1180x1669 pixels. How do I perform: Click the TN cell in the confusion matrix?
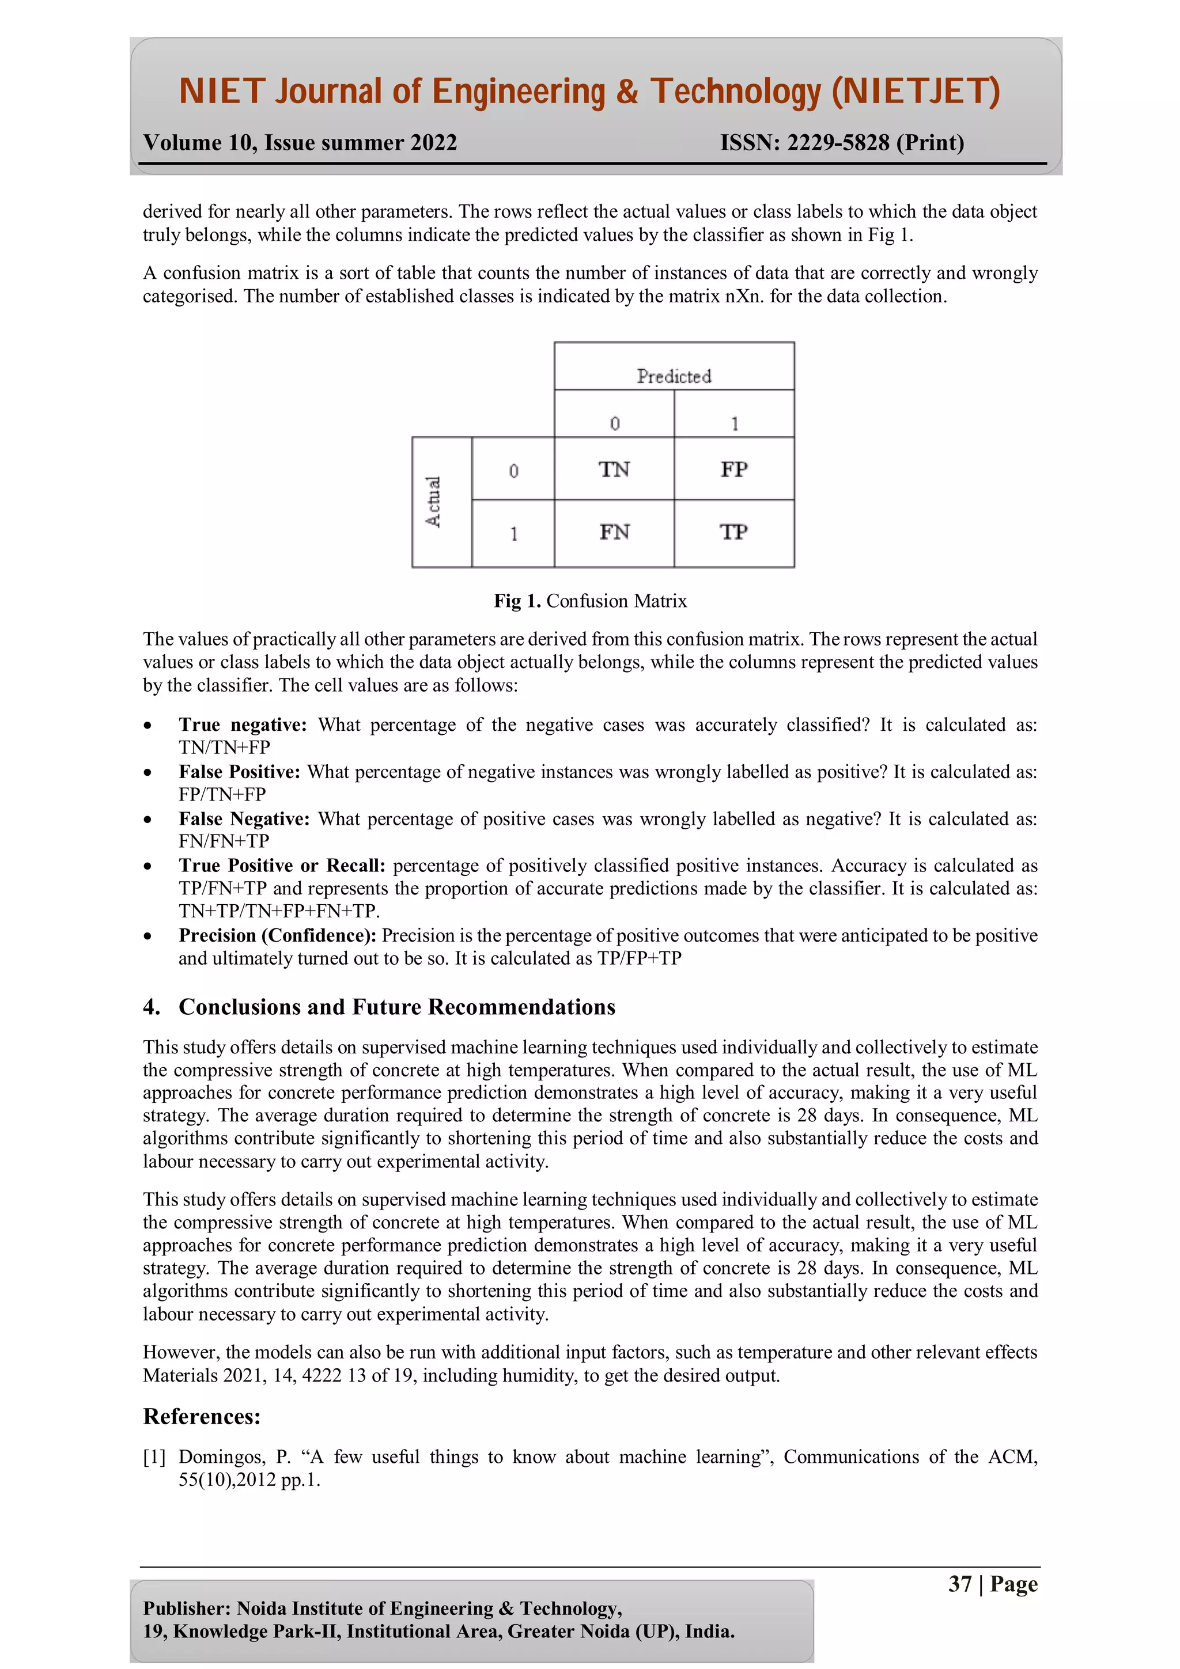click(x=614, y=469)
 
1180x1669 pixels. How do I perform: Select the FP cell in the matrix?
click(x=733, y=469)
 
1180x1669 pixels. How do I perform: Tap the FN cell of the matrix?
click(x=614, y=532)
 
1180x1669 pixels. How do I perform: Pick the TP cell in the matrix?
click(x=733, y=532)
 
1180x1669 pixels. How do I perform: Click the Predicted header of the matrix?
click(x=674, y=376)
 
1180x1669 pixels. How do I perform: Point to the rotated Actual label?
click(x=433, y=502)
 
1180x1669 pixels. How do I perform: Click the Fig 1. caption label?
click(x=517, y=601)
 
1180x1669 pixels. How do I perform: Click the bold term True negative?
click(x=243, y=725)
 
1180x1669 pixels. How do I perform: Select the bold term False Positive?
click(x=239, y=771)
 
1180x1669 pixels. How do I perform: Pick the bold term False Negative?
click(x=244, y=818)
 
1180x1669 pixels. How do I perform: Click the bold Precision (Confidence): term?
click(x=277, y=935)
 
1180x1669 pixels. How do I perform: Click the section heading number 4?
click(x=151, y=1007)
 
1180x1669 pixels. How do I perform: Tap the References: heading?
click(x=202, y=1416)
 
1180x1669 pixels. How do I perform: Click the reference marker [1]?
click(x=154, y=1456)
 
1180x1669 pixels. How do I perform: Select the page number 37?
click(x=960, y=1583)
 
